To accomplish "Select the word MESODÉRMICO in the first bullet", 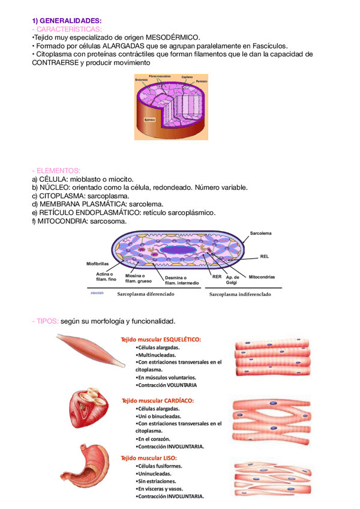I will [175, 37].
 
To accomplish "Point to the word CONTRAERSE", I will [55, 62].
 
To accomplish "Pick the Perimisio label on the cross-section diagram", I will [201, 81].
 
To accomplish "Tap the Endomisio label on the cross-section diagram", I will [142, 80].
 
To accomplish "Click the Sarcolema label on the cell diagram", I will [260, 233].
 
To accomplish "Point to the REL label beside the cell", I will [264, 256].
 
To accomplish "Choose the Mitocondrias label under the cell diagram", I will [262, 277].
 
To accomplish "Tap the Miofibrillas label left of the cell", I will [97, 263].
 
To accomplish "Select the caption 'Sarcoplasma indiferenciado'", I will [239, 294].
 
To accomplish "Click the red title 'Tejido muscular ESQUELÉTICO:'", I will [161, 339].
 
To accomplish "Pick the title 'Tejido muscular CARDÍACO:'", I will [158, 400].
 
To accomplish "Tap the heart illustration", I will [89, 411].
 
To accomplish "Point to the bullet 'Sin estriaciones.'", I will [157, 481].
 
